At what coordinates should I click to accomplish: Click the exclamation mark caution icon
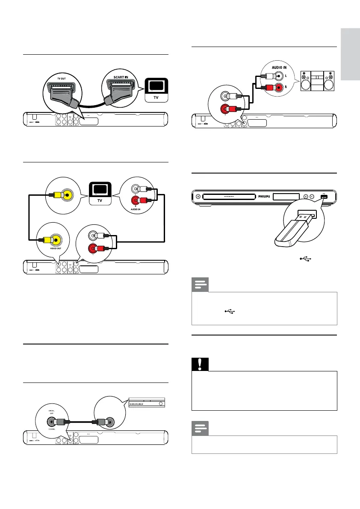(201, 364)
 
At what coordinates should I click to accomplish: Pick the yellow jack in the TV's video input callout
(66, 195)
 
